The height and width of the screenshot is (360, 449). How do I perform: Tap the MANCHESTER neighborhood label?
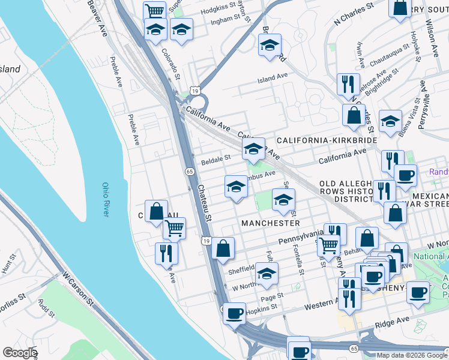click(x=270, y=223)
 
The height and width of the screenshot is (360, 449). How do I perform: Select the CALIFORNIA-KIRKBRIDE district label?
click(x=327, y=140)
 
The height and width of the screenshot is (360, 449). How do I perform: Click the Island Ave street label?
click(x=273, y=78)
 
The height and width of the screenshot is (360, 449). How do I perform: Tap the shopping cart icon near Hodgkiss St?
click(x=155, y=11)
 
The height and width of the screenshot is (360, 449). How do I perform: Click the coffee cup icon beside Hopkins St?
click(x=235, y=313)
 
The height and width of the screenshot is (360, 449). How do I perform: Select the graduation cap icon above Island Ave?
click(x=270, y=45)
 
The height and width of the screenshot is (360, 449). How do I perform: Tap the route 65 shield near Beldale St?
click(x=190, y=172)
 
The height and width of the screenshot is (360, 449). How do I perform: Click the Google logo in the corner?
click(x=20, y=353)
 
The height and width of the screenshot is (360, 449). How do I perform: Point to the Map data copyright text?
click(x=412, y=355)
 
